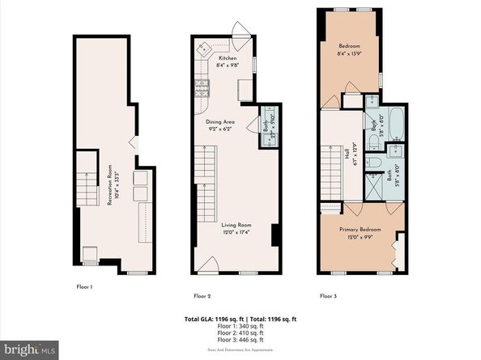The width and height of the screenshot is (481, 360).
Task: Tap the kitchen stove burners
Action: click(200, 85)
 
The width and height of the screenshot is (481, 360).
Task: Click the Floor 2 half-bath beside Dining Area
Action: click(267, 125)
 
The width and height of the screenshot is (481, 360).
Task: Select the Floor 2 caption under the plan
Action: click(202, 295)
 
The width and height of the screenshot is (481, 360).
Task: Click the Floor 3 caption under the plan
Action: click(329, 295)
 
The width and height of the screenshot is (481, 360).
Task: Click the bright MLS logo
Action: click(29, 349)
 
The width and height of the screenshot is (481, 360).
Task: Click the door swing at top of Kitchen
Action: click(240, 28)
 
